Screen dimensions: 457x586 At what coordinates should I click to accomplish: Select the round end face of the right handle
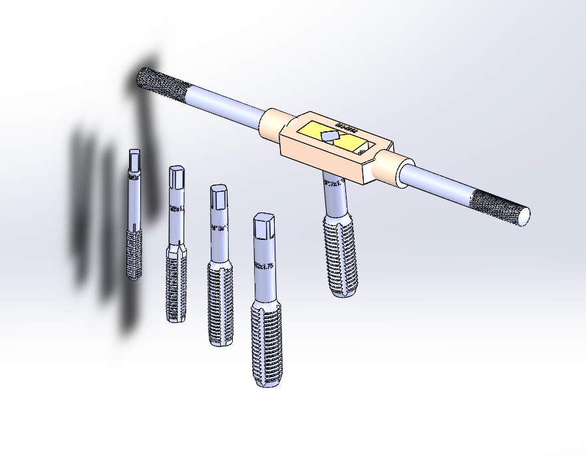coord(524,215)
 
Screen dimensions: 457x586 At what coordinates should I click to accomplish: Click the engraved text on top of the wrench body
coord(347,127)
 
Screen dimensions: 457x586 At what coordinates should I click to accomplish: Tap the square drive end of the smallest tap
coord(134,159)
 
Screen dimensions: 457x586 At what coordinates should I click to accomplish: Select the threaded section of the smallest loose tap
coord(134,253)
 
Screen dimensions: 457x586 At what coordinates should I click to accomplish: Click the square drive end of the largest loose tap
coord(264,227)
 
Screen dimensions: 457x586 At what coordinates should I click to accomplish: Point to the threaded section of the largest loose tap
coord(267,343)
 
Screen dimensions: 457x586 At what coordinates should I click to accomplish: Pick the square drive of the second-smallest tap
coord(176,177)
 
